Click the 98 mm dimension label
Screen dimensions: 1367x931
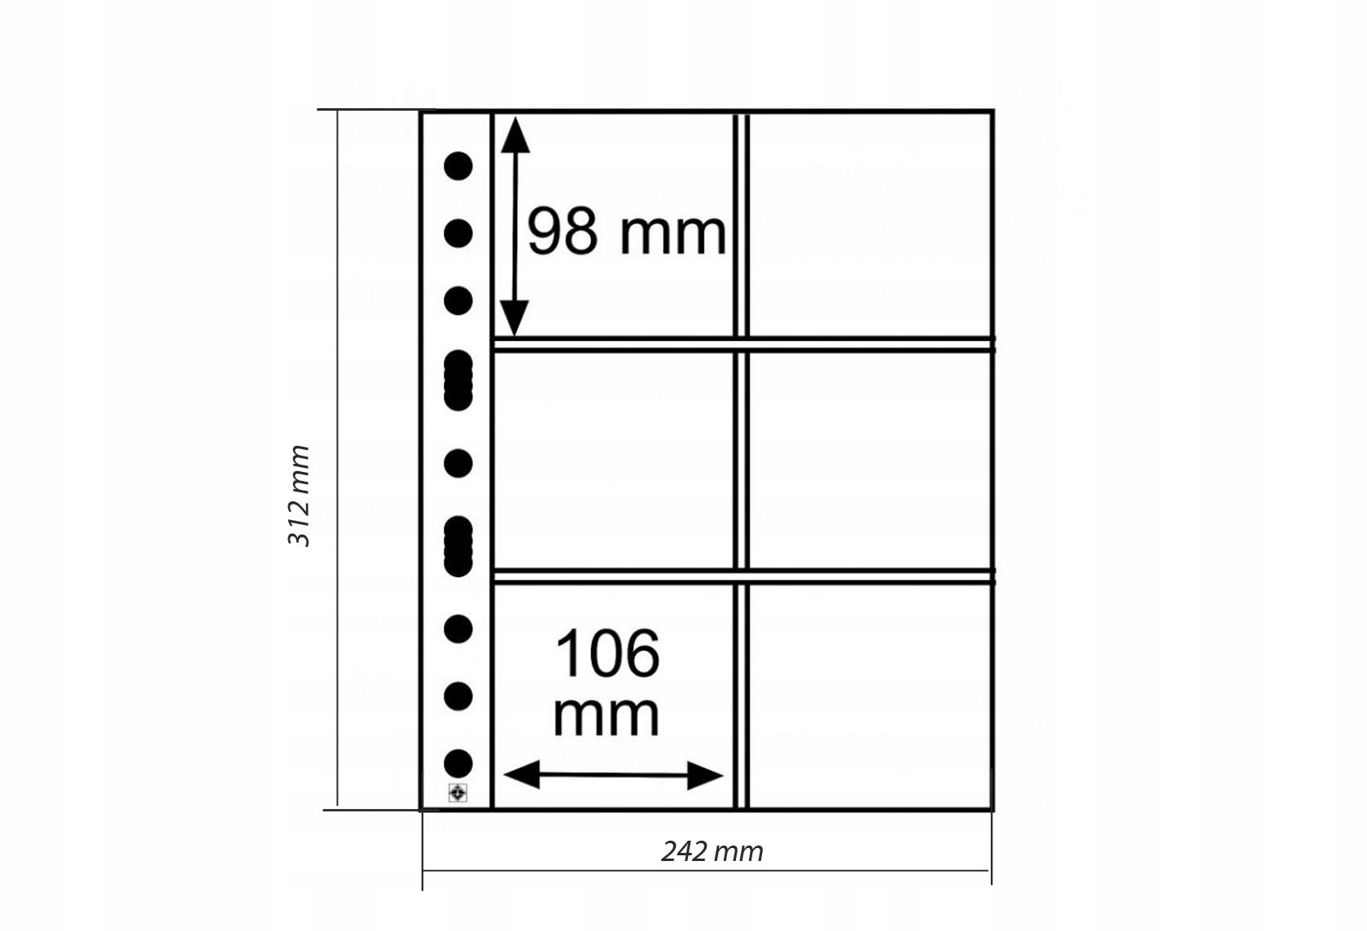(x=626, y=233)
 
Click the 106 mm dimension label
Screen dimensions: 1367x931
(x=607, y=683)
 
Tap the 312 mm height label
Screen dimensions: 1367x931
(x=299, y=496)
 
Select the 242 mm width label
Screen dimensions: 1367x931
(x=712, y=852)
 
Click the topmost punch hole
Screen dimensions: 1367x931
(x=458, y=166)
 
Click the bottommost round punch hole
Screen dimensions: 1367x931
(x=458, y=764)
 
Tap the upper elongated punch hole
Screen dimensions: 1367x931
(x=458, y=380)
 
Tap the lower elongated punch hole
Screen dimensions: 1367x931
(x=458, y=547)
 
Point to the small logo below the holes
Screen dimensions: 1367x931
(x=458, y=793)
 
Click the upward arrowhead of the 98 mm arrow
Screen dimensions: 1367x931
(x=515, y=134)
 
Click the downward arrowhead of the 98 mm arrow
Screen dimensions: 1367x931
(x=515, y=318)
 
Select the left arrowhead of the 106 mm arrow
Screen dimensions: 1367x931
(x=522, y=775)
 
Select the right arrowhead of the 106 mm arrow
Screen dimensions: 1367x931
(x=705, y=776)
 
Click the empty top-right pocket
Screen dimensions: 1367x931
(x=870, y=224)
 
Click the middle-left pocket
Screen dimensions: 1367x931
(x=614, y=461)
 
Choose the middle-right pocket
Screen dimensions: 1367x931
(x=870, y=461)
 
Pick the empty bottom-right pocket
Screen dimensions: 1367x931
(x=870, y=696)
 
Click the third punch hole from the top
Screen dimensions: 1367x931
(x=458, y=301)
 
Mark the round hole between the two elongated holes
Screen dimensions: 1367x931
(x=458, y=464)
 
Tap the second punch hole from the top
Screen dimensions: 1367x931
(x=458, y=234)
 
